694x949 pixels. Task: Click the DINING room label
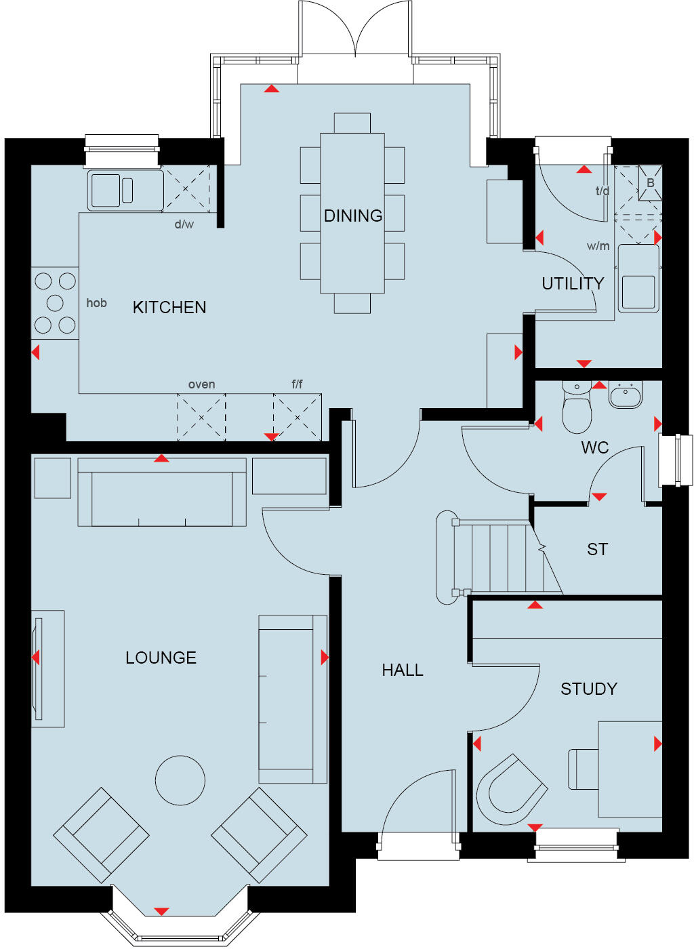tap(352, 216)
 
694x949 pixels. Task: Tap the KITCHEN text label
tap(169, 307)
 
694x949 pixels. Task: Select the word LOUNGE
tap(161, 658)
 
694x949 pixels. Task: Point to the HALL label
tap(402, 670)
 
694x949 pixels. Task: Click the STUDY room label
tap(588, 689)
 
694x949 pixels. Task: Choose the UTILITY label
tap(572, 283)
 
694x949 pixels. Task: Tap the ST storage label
tap(597, 549)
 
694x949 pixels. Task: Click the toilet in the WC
tap(577, 411)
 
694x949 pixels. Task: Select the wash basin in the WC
tap(625, 395)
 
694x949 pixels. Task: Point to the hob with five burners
tap(55, 303)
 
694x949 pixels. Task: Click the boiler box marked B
tap(650, 182)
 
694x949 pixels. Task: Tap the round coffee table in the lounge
tap(180, 780)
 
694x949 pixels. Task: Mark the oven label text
tap(201, 384)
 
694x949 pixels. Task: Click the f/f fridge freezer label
tap(297, 384)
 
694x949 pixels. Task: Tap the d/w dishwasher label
tap(184, 224)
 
